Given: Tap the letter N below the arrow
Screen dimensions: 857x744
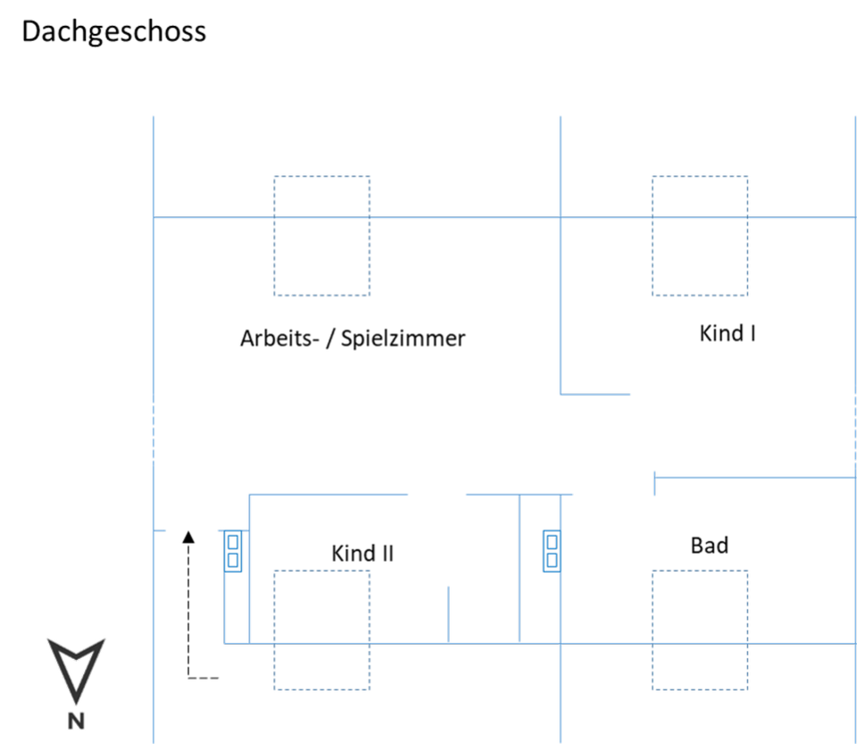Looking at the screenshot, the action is pyautogui.click(x=77, y=721).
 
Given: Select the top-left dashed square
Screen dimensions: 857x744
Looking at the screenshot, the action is pyautogui.click(x=322, y=236).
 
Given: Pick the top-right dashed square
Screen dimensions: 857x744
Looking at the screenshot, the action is pyautogui.click(x=700, y=236).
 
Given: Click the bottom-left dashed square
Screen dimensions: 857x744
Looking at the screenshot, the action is pyautogui.click(x=322, y=630).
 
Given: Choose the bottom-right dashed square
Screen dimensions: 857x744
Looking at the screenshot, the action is pyautogui.click(x=700, y=630).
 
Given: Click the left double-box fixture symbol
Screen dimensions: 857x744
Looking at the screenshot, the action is pyautogui.click(x=233, y=551).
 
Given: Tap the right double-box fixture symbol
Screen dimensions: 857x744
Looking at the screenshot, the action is pyautogui.click(x=552, y=551).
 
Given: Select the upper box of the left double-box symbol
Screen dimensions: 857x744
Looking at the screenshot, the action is pyautogui.click(x=233, y=541).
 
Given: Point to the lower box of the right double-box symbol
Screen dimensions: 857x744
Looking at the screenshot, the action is pyautogui.click(x=552, y=560).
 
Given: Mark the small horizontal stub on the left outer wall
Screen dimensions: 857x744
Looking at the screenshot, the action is pyautogui.click(x=161, y=531).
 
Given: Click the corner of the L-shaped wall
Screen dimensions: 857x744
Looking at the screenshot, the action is pyautogui.click(x=561, y=394).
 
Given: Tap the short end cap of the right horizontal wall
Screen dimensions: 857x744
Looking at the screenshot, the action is pyautogui.click(x=654, y=482).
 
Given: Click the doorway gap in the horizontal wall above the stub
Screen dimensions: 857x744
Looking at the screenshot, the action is pyautogui.click(x=437, y=494).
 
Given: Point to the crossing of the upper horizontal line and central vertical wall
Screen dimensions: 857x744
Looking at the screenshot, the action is pyautogui.click(x=561, y=217).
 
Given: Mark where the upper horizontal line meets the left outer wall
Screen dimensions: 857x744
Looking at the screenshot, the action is pyautogui.click(x=154, y=217).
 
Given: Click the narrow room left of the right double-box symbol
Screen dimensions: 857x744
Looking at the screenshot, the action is pyautogui.click(x=539, y=572).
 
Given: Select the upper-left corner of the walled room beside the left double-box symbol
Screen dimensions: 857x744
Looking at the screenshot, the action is pyautogui.click(x=249, y=494).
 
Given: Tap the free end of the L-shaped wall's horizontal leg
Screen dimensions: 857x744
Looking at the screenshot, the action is pyautogui.click(x=630, y=394).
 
